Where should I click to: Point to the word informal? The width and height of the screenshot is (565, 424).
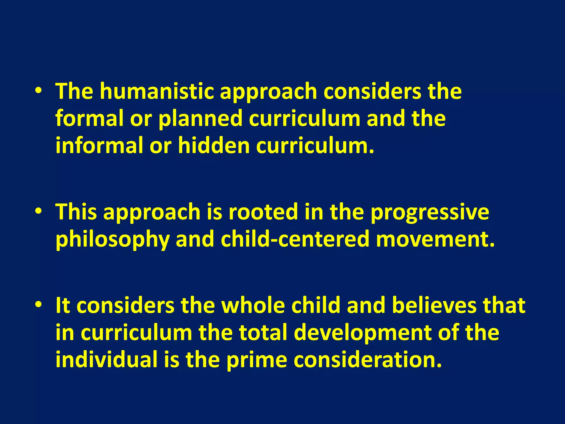pos(99,145)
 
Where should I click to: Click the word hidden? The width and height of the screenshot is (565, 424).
pos(214,145)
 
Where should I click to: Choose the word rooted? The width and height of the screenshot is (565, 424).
pos(263,212)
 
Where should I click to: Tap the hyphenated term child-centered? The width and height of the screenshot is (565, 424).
pos(295,239)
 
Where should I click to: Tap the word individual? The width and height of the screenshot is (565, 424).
pos(106,360)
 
